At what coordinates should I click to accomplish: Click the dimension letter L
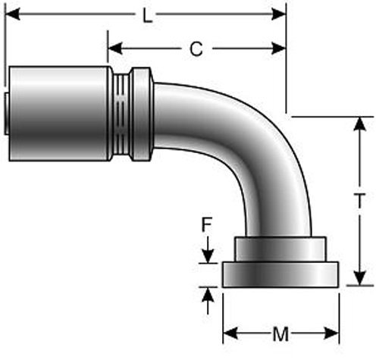point(147,15)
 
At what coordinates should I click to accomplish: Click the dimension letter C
point(196,50)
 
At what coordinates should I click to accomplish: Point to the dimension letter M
point(280,333)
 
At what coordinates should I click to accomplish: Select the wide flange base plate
point(280,274)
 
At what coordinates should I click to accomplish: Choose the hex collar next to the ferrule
point(141,114)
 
